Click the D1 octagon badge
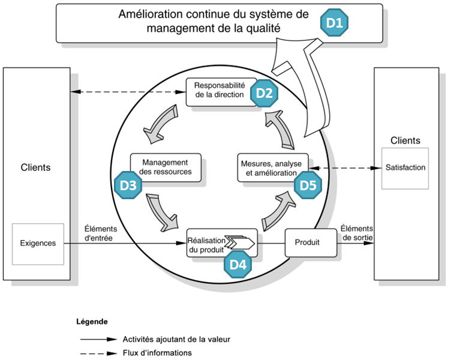point(333,23)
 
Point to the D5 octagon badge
point(308,185)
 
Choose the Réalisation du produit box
point(211,243)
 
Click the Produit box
point(306,242)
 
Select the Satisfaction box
point(405,167)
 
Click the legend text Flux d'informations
point(157,353)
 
